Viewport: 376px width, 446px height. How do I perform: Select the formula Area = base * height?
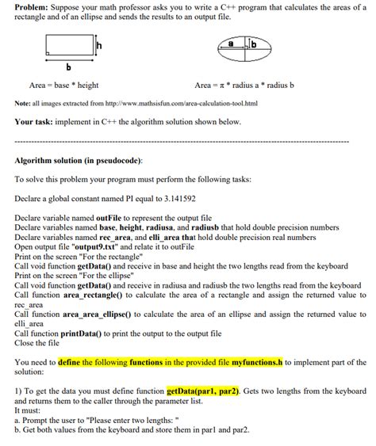(63, 85)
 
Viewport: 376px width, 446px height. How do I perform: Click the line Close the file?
(40, 343)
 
